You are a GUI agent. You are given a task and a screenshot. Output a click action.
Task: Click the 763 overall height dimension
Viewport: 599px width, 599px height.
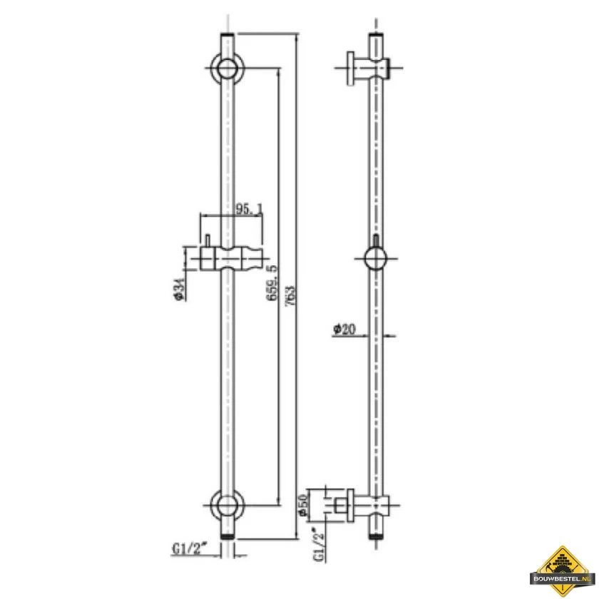pyautogui.click(x=289, y=293)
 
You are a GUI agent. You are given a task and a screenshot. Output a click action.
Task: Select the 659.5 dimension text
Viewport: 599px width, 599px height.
pyautogui.click(x=272, y=283)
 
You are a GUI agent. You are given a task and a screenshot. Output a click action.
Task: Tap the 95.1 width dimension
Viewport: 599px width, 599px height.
pyautogui.click(x=249, y=208)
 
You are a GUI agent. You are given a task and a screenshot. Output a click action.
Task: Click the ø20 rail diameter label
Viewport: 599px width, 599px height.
pyautogui.click(x=345, y=329)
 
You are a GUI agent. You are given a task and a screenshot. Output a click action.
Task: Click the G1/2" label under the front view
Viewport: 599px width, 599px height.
pyautogui.click(x=189, y=548)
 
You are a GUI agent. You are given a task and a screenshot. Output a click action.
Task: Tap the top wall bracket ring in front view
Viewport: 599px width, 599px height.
pyautogui.click(x=229, y=69)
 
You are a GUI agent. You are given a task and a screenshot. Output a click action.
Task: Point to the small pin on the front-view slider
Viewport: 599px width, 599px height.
pyautogui.click(x=204, y=240)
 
